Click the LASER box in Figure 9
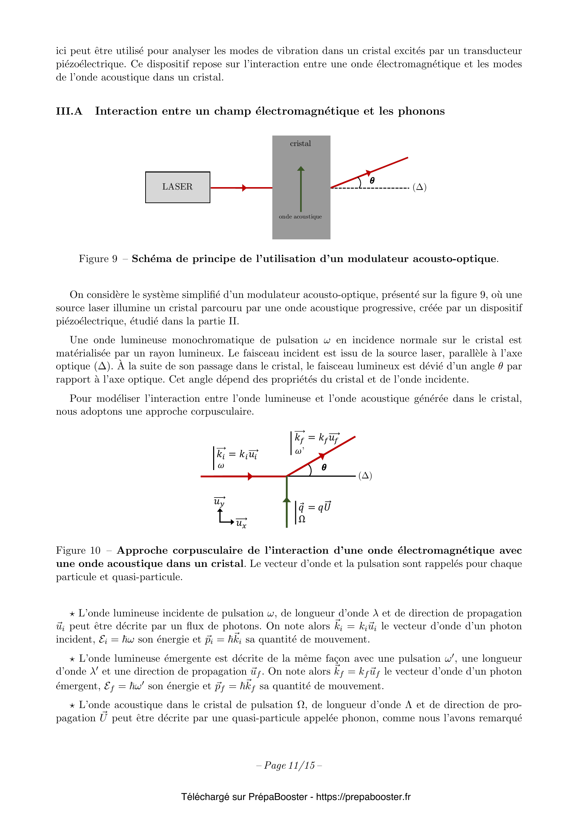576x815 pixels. click(177, 187)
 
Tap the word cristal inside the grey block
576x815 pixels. click(300, 144)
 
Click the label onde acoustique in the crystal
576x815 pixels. click(300, 216)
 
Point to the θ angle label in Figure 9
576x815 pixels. click(372, 181)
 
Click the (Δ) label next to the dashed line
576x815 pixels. click(419, 187)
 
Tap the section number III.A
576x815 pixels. click(69, 111)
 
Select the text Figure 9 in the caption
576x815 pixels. click(98, 259)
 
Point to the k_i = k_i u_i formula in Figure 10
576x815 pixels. click(237, 454)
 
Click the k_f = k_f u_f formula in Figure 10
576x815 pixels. click(317, 438)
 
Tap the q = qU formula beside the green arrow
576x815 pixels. click(314, 507)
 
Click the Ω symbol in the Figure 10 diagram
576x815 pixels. click(302, 519)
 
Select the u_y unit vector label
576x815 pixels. click(219, 501)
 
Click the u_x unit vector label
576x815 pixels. click(242, 523)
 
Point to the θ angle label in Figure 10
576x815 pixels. click(324, 468)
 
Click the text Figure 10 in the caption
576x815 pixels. click(78, 551)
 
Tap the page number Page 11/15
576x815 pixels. click(289, 765)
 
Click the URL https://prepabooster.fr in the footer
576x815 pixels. click(363, 797)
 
